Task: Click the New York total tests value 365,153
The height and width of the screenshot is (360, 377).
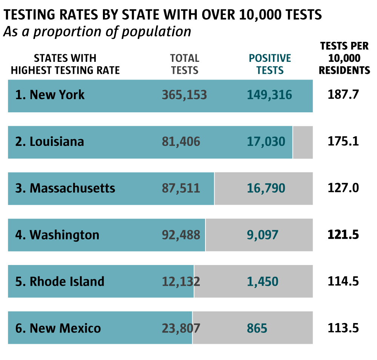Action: pyautogui.click(x=184, y=95)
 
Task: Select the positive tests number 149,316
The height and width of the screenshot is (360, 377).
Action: pyautogui.click(x=270, y=95)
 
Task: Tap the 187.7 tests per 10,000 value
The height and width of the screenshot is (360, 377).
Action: pyautogui.click(x=343, y=95)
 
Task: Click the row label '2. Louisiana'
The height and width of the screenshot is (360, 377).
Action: pyautogui.click(x=50, y=142)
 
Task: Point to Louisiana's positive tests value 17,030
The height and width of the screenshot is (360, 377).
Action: pyautogui.click(x=266, y=142)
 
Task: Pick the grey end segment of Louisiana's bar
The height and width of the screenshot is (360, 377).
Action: pyautogui.click(x=303, y=142)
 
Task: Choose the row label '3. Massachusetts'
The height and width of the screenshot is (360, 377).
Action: pyautogui.click(x=65, y=188)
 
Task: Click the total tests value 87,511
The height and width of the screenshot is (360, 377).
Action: pyautogui.click(x=181, y=188)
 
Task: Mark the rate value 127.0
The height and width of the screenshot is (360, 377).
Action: pyautogui.click(x=343, y=188)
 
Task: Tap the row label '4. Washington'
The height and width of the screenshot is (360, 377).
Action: pyautogui.click(x=57, y=235)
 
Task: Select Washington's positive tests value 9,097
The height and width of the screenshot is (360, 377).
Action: pyautogui.click(x=262, y=235)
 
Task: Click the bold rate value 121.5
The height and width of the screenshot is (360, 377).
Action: pyautogui.click(x=343, y=235)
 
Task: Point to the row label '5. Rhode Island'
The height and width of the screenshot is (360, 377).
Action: pyautogui.click(x=60, y=282)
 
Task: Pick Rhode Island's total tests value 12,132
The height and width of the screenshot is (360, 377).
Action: pyautogui.click(x=181, y=282)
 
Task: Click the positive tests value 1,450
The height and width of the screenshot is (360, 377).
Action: pyautogui.click(x=262, y=282)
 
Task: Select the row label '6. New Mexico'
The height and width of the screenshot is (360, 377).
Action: pyautogui.click(x=58, y=328)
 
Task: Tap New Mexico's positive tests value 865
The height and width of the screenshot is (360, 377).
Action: pyautogui.click(x=257, y=328)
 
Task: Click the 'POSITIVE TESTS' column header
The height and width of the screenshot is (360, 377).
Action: pyautogui.click(x=270, y=64)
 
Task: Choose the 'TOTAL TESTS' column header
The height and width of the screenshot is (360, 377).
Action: pyautogui.click(x=184, y=64)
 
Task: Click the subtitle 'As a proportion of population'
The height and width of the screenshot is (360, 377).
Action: pyautogui.click(x=97, y=32)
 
